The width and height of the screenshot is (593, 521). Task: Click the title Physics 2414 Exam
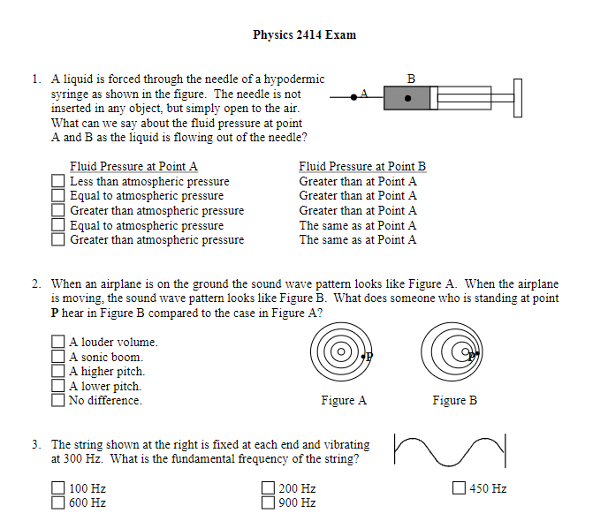[x=304, y=35]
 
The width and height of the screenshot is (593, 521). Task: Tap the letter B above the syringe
[x=410, y=79]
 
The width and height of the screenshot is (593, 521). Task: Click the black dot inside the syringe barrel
[x=407, y=99]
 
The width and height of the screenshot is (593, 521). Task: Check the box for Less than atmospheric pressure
[x=58, y=182]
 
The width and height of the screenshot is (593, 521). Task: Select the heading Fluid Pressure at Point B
[x=362, y=166]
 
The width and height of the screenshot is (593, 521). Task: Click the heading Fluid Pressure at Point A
[x=133, y=166]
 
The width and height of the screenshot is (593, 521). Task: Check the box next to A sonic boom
[x=58, y=358]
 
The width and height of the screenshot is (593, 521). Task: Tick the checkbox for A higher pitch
[x=58, y=372]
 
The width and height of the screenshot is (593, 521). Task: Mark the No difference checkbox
[x=58, y=401]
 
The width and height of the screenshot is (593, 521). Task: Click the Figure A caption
[x=344, y=401]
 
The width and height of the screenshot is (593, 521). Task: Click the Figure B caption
[x=454, y=401]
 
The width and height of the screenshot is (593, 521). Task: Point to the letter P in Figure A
[x=369, y=356]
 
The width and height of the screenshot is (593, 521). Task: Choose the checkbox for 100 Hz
[x=58, y=488]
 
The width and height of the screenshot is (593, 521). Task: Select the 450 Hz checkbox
[x=459, y=488]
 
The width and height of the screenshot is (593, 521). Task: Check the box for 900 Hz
[x=269, y=503]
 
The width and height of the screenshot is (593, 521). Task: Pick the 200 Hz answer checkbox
[x=269, y=488]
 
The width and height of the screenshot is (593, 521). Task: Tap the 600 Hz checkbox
[x=58, y=503]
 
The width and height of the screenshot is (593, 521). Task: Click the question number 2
[x=35, y=284]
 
